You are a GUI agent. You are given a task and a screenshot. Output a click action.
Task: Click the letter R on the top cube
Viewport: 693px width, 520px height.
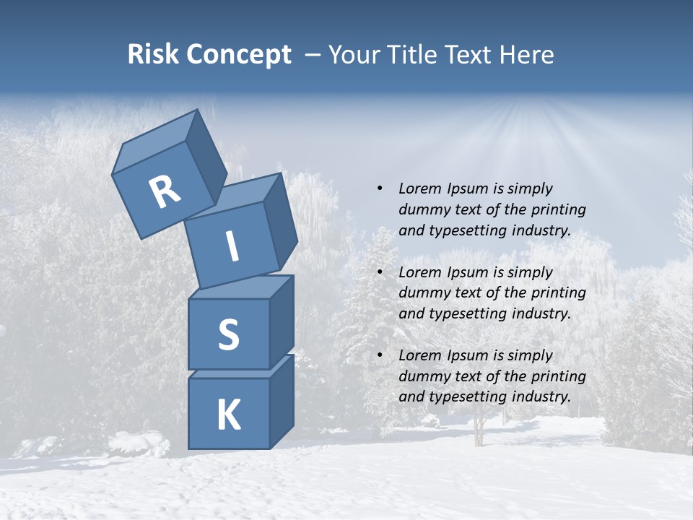(165, 192)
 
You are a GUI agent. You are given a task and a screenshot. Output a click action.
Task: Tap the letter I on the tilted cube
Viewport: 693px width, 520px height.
(232, 247)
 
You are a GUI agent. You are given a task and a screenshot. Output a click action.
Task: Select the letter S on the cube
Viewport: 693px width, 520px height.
(228, 334)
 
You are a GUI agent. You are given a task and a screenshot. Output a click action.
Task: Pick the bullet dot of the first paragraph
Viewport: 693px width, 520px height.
(380, 188)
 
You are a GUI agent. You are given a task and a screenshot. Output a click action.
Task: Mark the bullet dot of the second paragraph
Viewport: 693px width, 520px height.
(380, 272)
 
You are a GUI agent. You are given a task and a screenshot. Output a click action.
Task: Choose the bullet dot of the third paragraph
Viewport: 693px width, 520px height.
(380, 355)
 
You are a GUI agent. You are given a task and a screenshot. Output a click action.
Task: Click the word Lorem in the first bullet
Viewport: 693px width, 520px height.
(419, 188)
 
